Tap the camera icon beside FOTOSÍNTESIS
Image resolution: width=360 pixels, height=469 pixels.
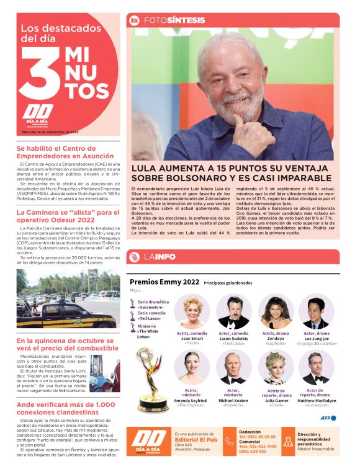click(134, 20)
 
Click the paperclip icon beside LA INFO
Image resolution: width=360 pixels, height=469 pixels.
click(134, 257)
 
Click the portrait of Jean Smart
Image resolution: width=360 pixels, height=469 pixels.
click(192, 311)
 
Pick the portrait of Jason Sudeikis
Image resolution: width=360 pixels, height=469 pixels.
click(233, 311)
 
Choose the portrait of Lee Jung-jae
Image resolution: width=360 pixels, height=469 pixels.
click(317, 311)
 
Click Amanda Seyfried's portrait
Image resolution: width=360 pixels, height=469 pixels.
click(192, 368)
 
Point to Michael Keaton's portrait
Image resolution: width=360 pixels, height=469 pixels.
click(233, 368)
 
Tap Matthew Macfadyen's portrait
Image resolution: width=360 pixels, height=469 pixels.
click(317, 368)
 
